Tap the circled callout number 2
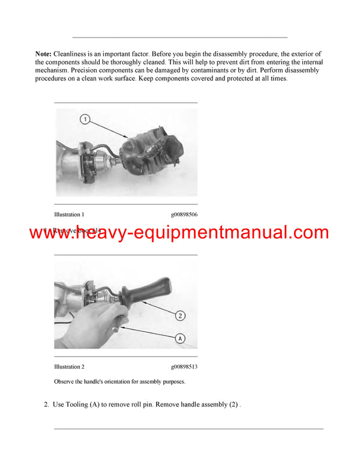tap(181, 315)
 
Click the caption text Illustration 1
tap(69, 214)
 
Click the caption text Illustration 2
tap(69, 366)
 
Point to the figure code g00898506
tap(184, 214)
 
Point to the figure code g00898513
tap(184, 366)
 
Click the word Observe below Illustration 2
tap(65, 381)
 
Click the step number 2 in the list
tap(46, 405)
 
